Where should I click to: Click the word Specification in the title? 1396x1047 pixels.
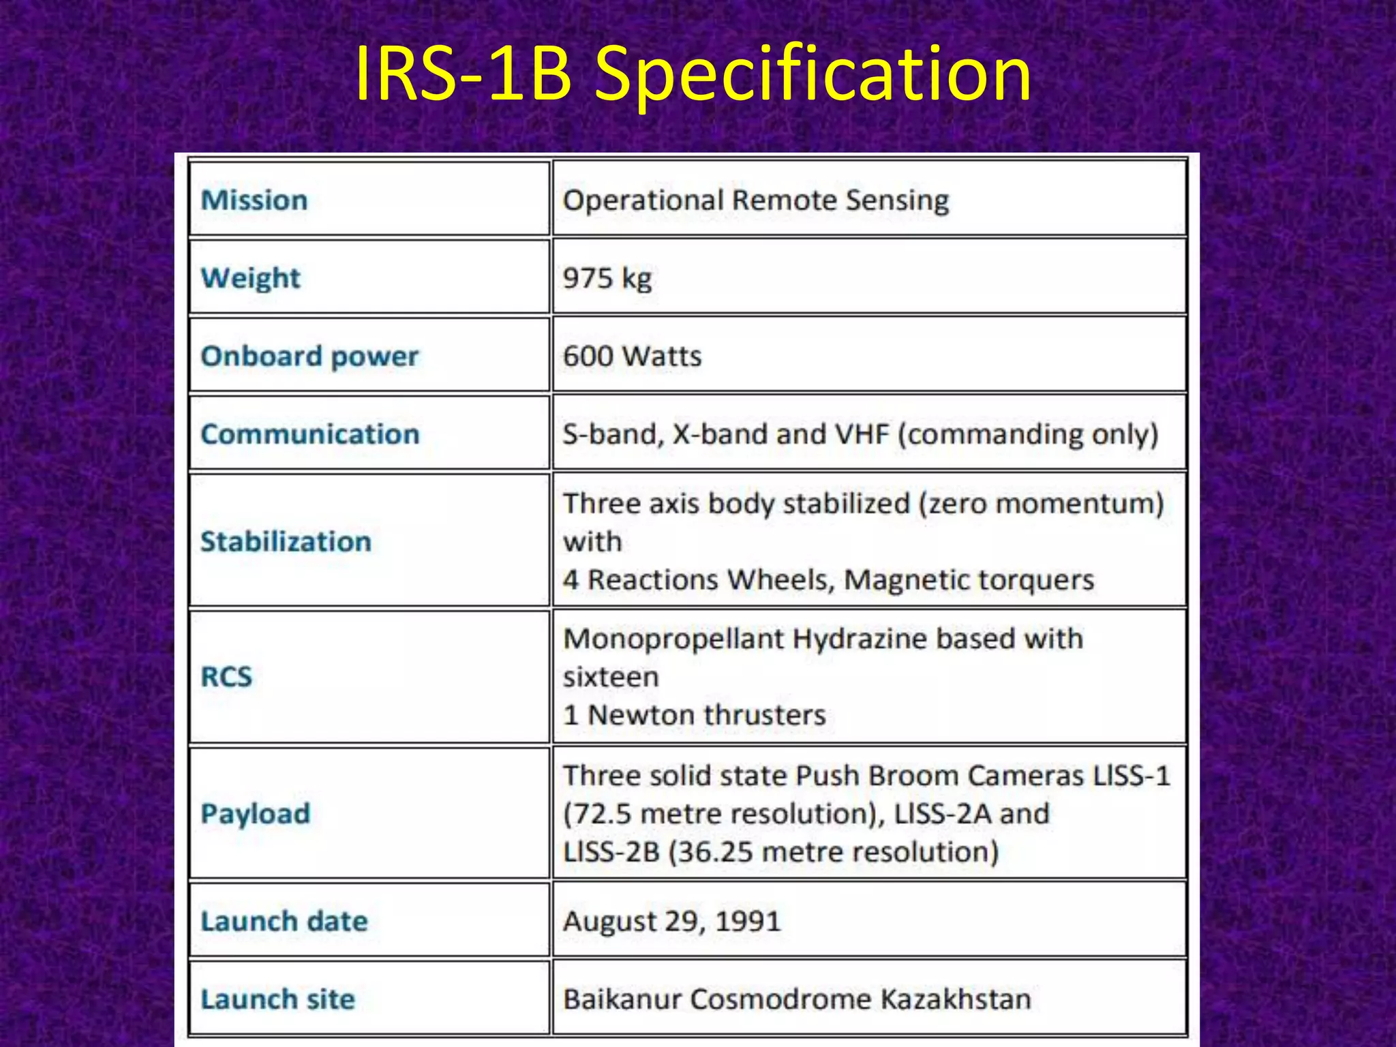point(813,74)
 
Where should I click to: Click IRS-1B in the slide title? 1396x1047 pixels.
point(464,74)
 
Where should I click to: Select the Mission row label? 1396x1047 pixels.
point(254,200)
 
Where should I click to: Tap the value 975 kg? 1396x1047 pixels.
point(607,278)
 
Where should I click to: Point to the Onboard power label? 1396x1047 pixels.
point(309,356)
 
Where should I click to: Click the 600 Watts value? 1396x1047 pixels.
point(632,356)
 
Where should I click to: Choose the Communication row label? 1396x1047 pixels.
point(310,434)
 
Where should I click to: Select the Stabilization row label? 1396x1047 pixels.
point(286,542)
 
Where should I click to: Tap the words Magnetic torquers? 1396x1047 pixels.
point(969,580)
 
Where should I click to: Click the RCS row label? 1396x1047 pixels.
point(226,677)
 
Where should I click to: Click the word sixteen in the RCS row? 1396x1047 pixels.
point(611,678)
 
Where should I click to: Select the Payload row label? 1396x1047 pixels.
point(256,814)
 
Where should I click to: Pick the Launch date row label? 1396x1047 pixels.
point(284,922)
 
